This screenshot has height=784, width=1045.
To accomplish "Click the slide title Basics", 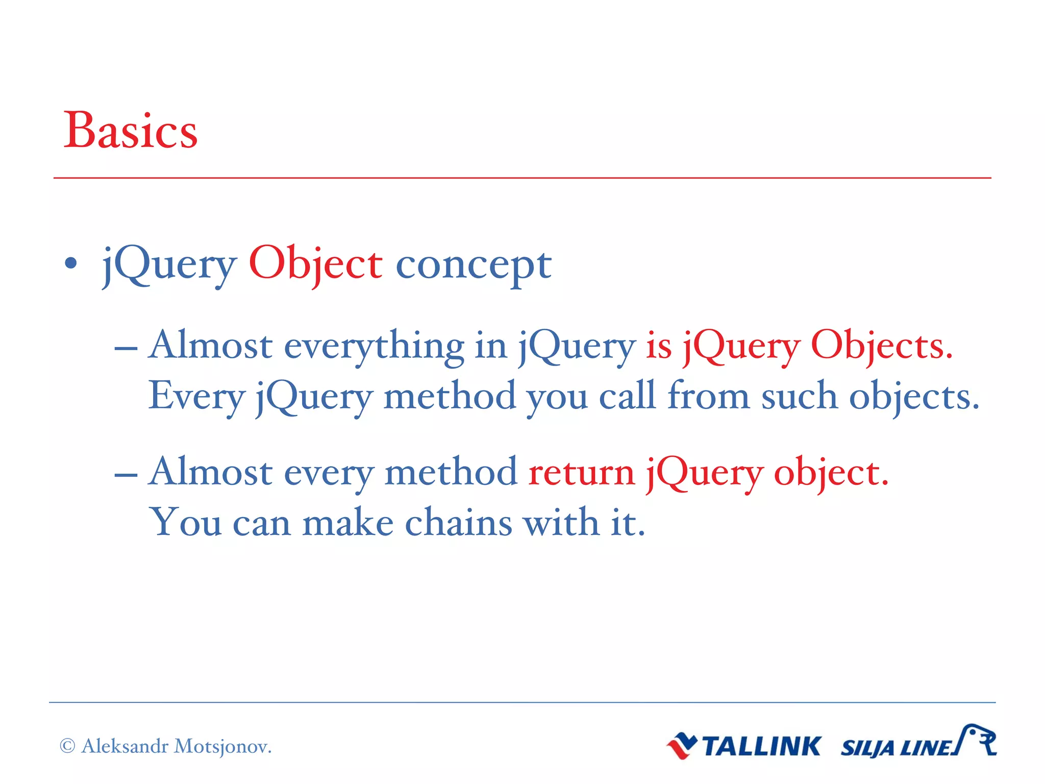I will (x=130, y=131).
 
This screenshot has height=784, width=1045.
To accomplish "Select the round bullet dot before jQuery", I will (x=71, y=263).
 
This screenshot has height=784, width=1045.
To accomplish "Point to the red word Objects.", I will (x=881, y=346).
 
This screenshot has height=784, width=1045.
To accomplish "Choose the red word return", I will (x=581, y=473).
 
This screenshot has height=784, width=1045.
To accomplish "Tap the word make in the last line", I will (x=347, y=523).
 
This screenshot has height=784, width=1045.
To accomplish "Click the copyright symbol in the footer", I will (x=67, y=746).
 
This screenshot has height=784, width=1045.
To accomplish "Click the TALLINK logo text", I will (x=761, y=746).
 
